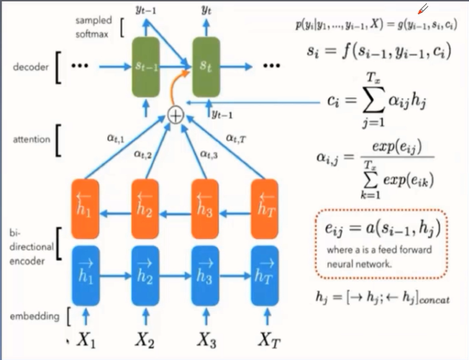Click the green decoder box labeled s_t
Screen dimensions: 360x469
point(208,66)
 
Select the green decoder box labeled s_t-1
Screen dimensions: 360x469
point(147,66)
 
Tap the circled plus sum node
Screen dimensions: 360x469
point(175,114)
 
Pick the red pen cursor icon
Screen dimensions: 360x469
point(423,9)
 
